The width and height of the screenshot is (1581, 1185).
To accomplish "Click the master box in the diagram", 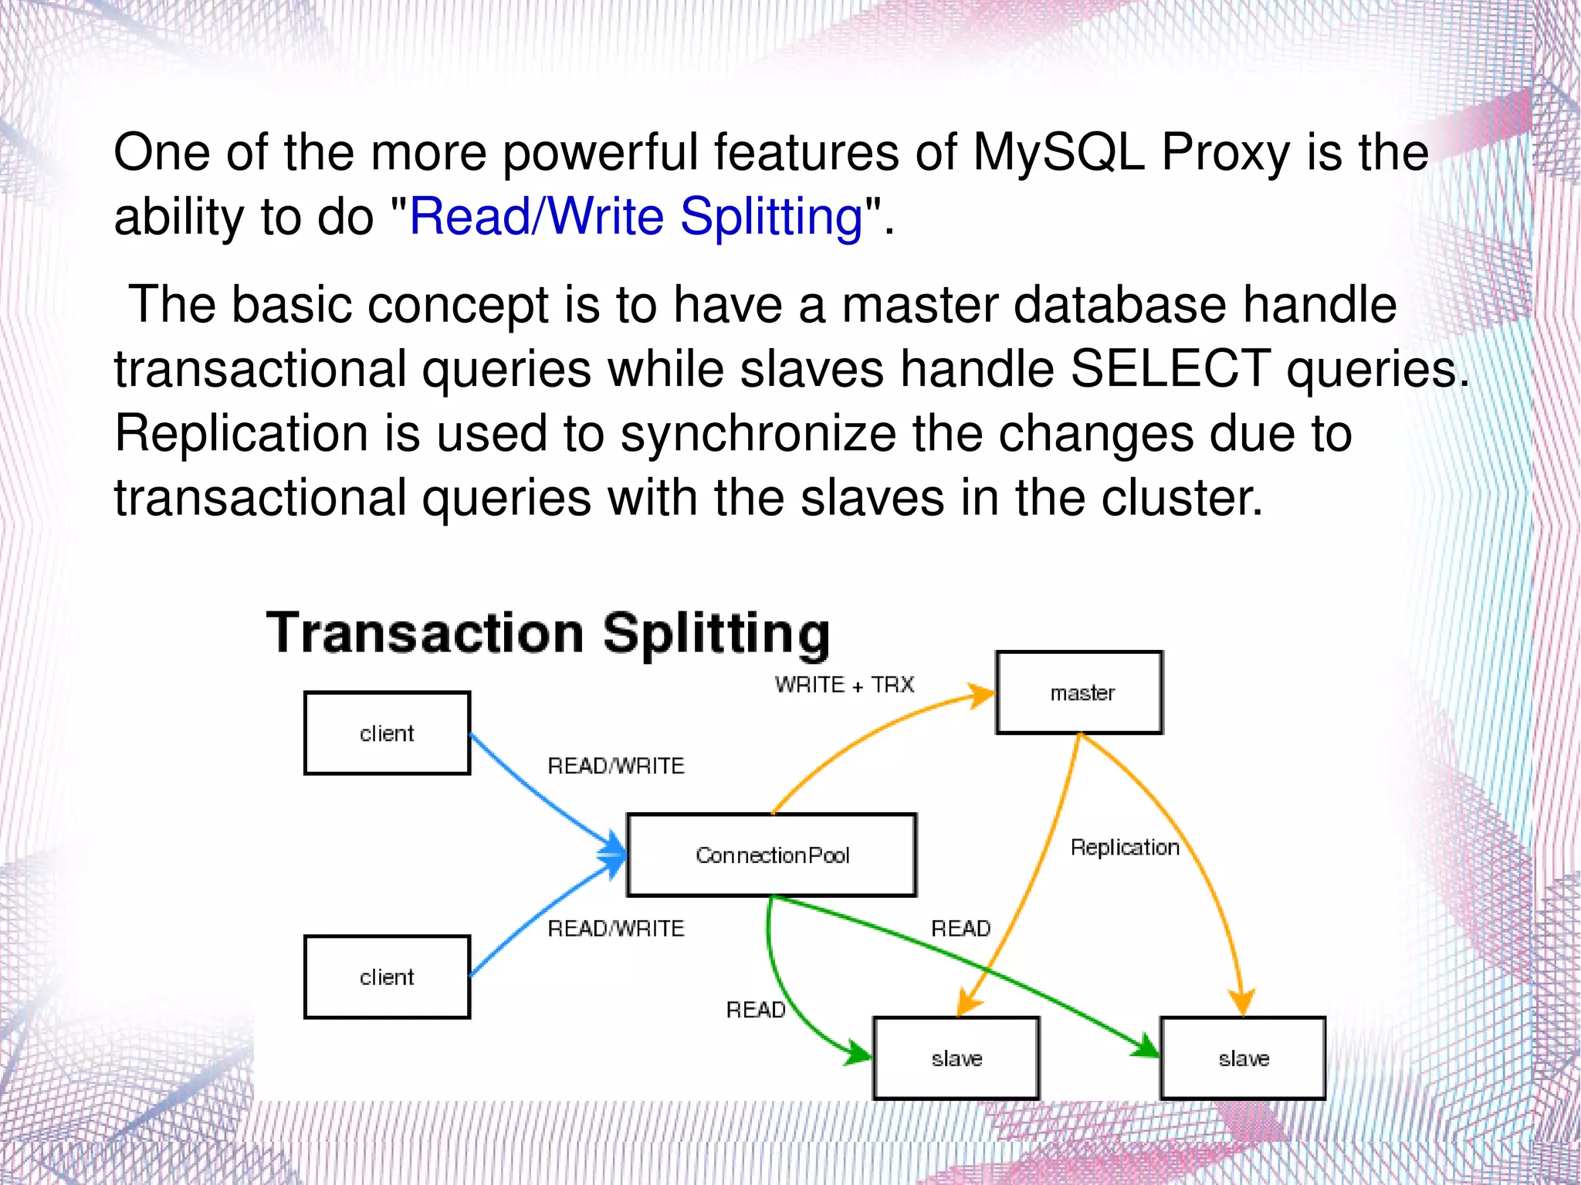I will [1079, 692].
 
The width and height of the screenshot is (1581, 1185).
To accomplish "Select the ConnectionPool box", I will [771, 855].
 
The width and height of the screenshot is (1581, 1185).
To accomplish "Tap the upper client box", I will [387, 733].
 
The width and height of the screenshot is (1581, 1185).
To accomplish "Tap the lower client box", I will [387, 977].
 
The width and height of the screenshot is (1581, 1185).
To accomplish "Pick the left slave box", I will [956, 1058].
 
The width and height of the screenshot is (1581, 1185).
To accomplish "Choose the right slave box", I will [1243, 1058].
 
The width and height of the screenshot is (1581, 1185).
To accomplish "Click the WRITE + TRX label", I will [844, 685].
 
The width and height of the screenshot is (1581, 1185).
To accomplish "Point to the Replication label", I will [1125, 848].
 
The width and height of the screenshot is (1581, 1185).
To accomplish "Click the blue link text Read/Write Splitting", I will [635, 216].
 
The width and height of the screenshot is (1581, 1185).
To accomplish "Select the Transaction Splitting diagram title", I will [547, 633].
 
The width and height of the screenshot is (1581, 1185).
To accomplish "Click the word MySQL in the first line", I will [1058, 151].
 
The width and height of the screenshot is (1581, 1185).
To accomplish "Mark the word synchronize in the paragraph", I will [758, 433].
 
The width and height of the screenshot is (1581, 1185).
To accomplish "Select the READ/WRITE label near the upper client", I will [615, 766].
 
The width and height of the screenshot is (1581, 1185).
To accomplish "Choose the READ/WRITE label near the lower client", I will [615, 928].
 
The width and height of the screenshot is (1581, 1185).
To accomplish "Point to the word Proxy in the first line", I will [1225, 151].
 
